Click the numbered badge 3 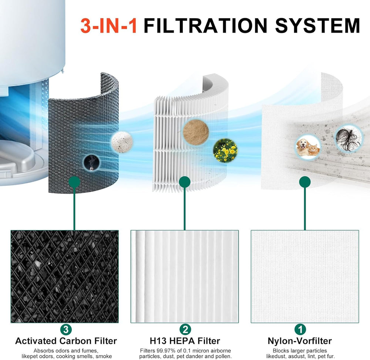(x=66, y=329)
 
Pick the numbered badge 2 (x=185, y=329)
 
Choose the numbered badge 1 (x=300, y=329)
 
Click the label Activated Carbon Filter (x=66, y=341)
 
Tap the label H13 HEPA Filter (x=185, y=341)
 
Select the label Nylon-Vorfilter (x=300, y=341)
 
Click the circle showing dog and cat (x=308, y=146)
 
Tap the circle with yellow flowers (x=225, y=150)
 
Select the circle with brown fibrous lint (x=196, y=132)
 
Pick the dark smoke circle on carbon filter (x=91, y=162)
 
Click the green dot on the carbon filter (x=75, y=182)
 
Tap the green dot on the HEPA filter (x=185, y=182)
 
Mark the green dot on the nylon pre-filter (x=305, y=182)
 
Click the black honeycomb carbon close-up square (x=65, y=276)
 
